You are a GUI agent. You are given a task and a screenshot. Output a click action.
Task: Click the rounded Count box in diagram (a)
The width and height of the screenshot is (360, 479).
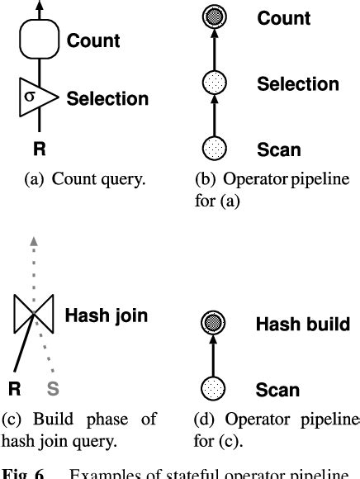36,40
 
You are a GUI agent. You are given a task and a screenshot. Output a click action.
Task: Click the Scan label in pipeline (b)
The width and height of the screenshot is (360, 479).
279,150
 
